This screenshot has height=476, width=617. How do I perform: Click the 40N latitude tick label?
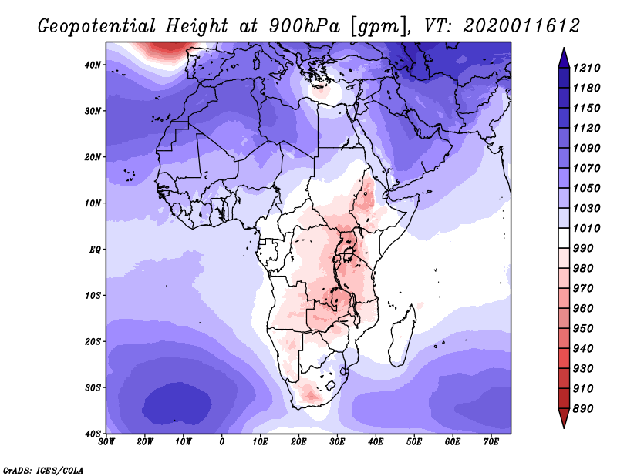click(93, 65)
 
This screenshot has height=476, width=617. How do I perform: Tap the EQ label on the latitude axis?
click(95, 250)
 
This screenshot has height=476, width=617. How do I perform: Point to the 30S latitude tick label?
click(93, 387)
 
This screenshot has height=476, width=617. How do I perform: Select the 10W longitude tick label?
click(184, 441)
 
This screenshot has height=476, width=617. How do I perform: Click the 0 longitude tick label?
click(222, 441)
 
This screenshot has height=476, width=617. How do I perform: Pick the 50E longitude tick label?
click(414, 441)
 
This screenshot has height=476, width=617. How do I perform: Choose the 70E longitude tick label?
click(491, 441)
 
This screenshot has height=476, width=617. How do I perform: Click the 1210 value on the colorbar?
click(586, 68)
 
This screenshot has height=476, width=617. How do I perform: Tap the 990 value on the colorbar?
click(582, 249)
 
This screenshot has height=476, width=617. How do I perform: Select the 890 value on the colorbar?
click(582, 409)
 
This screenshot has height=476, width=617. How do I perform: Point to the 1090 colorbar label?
click(586, 148)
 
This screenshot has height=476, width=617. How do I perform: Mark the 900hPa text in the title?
click(304, 26)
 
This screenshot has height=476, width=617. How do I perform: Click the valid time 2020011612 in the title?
click(521, 26)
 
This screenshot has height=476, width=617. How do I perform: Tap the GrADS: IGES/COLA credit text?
click(43, 470)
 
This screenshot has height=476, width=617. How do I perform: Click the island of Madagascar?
click(403, 336)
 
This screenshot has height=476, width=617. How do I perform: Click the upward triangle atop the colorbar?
click(564, 58)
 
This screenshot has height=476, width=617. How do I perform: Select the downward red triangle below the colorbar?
click(564, 417)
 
